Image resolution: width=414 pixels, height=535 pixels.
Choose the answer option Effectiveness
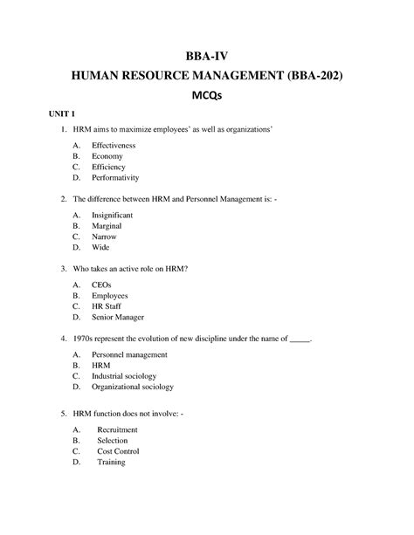(114, 145)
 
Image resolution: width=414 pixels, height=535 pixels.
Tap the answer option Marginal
(107, 225)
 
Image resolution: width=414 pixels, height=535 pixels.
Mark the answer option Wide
(100, 247)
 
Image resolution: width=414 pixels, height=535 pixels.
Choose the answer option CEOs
(102, 285)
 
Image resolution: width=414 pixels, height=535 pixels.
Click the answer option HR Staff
(107, 306)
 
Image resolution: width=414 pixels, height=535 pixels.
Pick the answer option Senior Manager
(117, 318)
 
